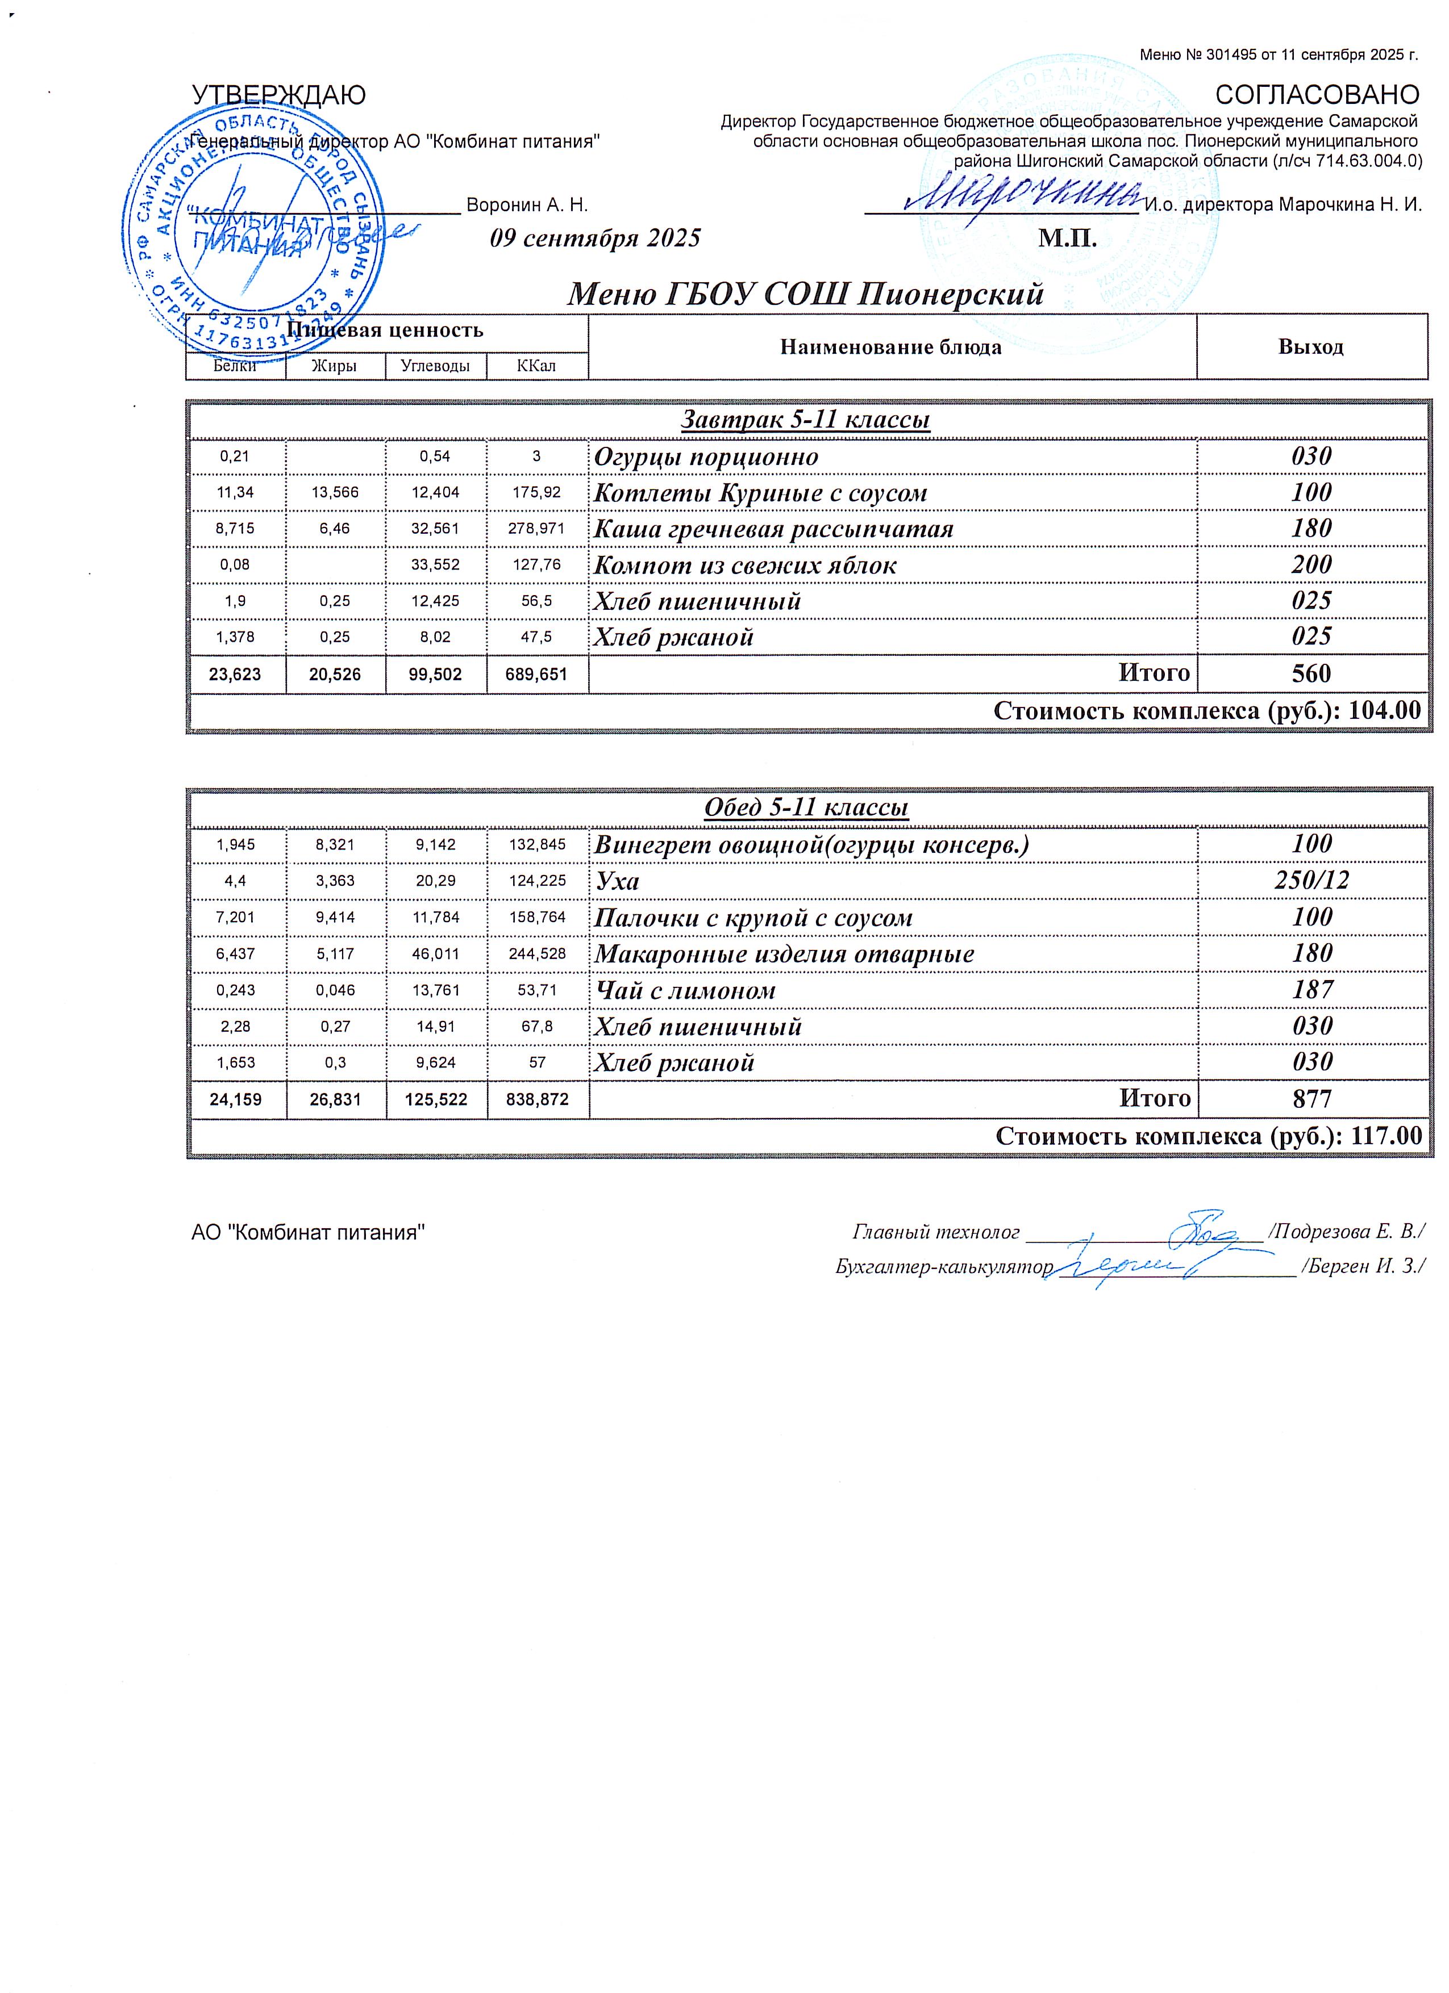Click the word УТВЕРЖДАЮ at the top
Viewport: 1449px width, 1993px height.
pyautogui.click(x=279, y=95)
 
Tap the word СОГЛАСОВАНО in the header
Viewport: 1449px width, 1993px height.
pyautogui.click(x=1316, y=95)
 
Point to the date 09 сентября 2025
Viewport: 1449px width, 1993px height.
pyautogui.click(x=596, y=238)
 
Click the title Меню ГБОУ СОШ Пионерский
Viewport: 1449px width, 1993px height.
pyautogui.click(x=805, y=294)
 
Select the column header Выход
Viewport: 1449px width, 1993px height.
pyautogui.click(x=1310, y=346)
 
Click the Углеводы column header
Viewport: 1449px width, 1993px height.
pyautogui.click(x=435, y=366)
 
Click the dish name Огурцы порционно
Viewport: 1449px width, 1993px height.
pyautogui.click(x=706, y=457)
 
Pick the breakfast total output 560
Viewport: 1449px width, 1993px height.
pyautogui.click(x=1311, y=673)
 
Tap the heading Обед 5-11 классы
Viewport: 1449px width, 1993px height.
pyautogui.click(x=805, y=807)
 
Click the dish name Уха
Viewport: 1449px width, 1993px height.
pyautogui.click(x=617, y=881)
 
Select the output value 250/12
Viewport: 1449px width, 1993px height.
pyautogui.click(x=1311, y=881)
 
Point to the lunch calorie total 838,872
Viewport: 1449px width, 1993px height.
pyautogui.click(x=537, y=1099)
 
